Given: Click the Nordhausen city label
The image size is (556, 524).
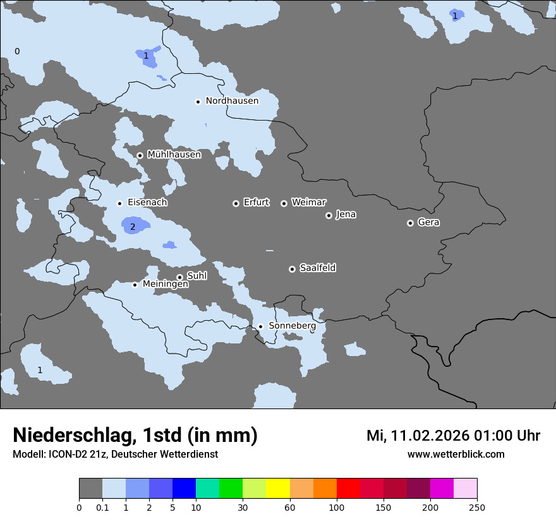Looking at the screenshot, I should click(x=232, y=101).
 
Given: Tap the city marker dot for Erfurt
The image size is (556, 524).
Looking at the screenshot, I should click(x=236, y=203).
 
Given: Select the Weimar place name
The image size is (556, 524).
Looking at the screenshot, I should click(x=308, y=203).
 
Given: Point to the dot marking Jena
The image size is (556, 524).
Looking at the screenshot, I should click(x=329, y=215).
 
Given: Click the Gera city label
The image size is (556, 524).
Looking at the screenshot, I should click(x=428, y=222).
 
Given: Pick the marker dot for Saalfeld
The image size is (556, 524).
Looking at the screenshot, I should click(x=292, y=269).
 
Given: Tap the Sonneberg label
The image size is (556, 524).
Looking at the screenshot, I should click(x=292, y=326).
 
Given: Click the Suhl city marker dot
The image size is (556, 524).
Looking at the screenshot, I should click(x=179, y=277).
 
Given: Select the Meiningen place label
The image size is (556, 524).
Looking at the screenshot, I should click(x=165, y=285).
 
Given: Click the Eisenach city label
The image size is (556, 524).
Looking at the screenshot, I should click(x=147, y=203).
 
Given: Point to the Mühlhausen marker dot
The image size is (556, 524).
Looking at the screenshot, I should click(x=140, y=155).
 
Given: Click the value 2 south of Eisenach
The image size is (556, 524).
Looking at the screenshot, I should click(x=133, y=227).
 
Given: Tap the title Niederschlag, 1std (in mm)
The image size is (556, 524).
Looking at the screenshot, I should click(x=135, y=436).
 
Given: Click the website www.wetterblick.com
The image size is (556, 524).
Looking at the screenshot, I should click(x=456, y=455).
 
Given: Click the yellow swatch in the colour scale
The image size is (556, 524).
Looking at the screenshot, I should click(x=278, y=489).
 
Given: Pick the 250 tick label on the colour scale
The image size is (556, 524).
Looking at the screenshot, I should click(x=477, y=507).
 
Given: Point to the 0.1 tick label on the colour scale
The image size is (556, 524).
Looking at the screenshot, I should click(x=102, y=507).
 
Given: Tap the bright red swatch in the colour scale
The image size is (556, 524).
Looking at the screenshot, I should click(x=348, y=489).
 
